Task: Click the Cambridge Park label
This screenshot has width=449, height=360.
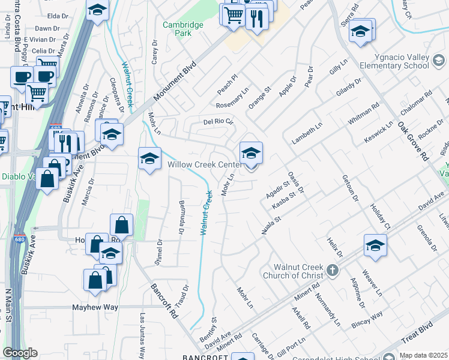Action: [x=183, y=29]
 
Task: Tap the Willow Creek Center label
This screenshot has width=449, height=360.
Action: [x=204, y=164]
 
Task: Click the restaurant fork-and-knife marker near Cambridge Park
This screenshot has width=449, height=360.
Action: [x=256, y=18]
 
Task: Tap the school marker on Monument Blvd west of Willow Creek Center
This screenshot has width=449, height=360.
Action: [x=149, y=159]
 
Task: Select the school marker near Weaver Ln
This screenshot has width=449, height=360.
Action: [x=375, y=246]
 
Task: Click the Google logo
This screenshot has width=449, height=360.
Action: [x=20, y=353]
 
